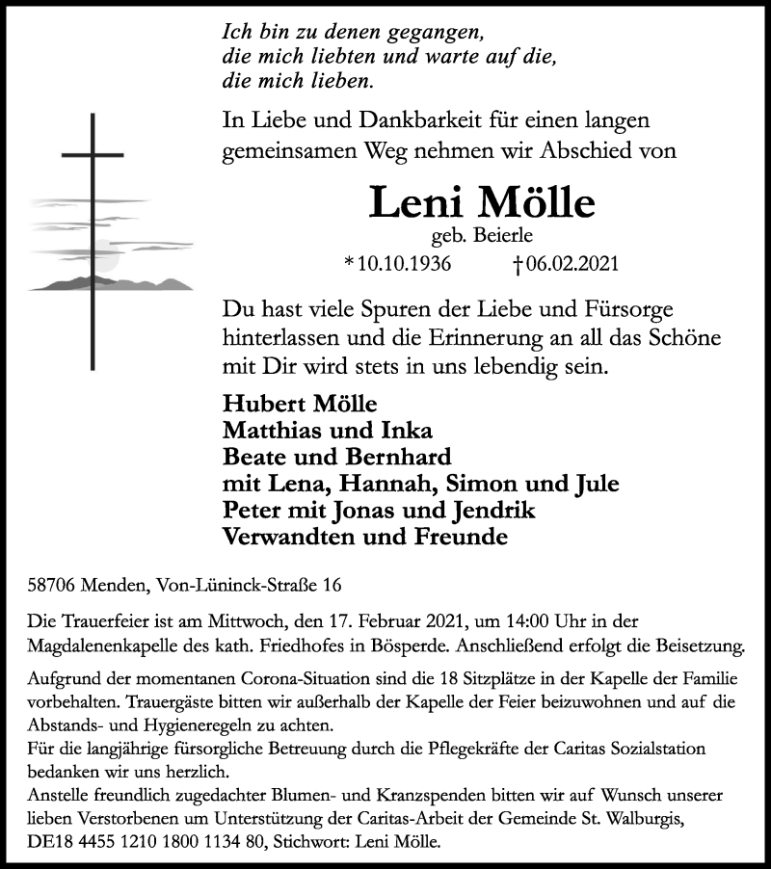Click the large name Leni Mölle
tap(482, 204)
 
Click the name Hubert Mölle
tap(286, 402)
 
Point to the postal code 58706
tap(53, 585)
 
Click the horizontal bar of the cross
tap(93, 154)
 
